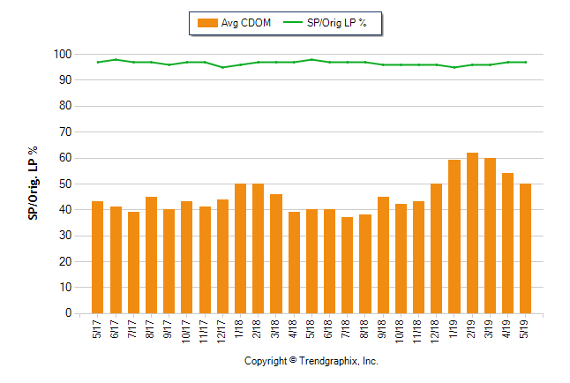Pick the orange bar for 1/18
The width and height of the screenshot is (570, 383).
[x=240, y=248]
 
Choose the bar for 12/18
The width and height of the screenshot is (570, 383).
[x=436, y=248]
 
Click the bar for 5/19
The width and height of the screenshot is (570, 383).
[x=525, y=248]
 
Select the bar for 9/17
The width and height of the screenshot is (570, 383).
[x=169, y=261]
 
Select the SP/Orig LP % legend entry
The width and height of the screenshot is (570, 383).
[x=331, y=23]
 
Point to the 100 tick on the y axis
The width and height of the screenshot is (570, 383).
[x=62, y=55]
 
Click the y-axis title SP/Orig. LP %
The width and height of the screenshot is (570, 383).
[x=33, y=184]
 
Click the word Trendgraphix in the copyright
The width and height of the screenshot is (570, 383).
[x=329, y=361]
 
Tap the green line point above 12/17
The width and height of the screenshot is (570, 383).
[x=222, y=67]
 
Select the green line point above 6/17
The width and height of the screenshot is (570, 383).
[x=116, y=59]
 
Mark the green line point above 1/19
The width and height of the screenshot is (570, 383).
[x=454, y=67]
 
